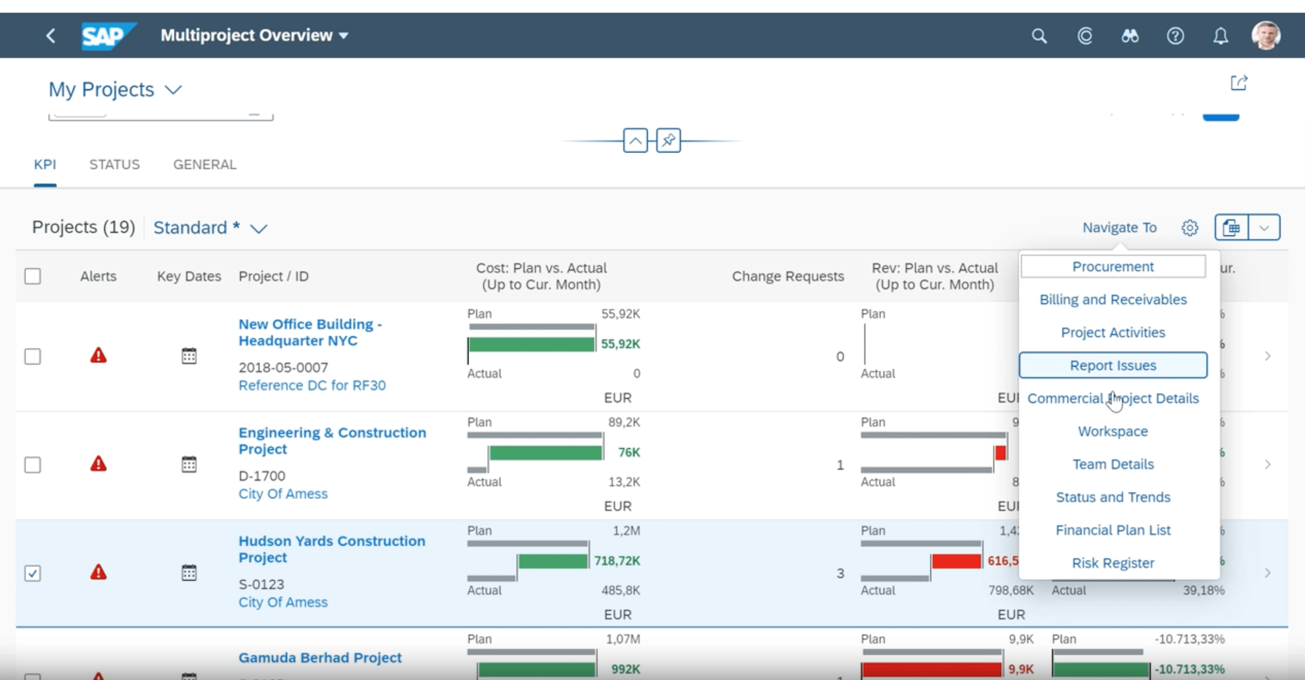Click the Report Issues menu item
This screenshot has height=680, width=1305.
pyautogui.click(x=1112, y=365)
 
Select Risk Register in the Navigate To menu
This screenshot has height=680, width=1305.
pyautogui.click(x=1112, y=562)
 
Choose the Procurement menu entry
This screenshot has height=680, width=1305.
pyautogui.click(x=1112, y=267)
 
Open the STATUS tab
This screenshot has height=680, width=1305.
pyautogui.click(x=114, y=164)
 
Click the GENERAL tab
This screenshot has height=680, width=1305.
pyautogui.click(x=205, y=164)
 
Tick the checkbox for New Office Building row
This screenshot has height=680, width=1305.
pyautogui.click(x=33, y=356)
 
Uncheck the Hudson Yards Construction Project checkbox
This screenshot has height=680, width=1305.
pyautogui.click(x=33, y=573)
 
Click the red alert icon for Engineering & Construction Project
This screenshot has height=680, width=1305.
pyautogui.click(x=98, y=464)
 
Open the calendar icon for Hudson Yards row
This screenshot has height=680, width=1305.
pyautogui.click(x=189, y=572)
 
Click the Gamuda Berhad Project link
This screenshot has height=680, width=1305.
pyautogui.click(x=320, y=657)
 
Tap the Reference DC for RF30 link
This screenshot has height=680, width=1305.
pyautogui.click(x=312, y=385)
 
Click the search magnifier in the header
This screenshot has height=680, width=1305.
pyautogui.click(x=1039, y=36)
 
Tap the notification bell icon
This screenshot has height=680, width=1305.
pyautogui.click(x=1221, y=36)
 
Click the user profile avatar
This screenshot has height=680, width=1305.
pyautogui.click(x=1266, y=36)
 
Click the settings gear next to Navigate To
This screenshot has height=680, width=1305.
pyautogui.click(x=1190, y=227)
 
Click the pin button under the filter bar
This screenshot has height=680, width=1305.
pyautogui.click(x=668, y=140)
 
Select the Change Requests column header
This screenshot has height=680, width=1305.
pyautogui.click(x=787, y=276)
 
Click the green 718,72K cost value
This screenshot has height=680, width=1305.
pyautogui.click(x=617, y=560)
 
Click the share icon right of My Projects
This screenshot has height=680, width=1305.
pyautogui.click(x=1239, y=83)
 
